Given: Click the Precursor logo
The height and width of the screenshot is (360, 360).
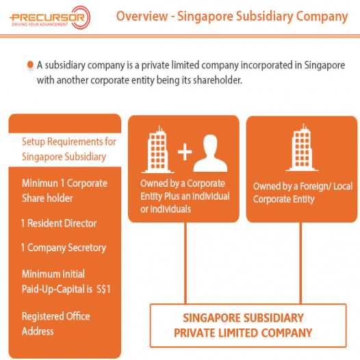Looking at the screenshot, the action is coord(50,18).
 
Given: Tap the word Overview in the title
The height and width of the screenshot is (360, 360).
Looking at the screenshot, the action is coord(142,16).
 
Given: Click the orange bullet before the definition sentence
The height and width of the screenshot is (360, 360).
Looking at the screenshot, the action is coord(30,64).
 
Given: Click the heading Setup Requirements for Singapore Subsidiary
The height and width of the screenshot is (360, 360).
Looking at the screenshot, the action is coord(69,149).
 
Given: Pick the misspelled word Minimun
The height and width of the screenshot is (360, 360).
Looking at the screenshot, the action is coord(40,183).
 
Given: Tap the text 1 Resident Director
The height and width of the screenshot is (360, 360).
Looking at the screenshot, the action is coord(59,223).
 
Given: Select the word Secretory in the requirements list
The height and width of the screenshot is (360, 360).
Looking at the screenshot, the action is coord(87,248).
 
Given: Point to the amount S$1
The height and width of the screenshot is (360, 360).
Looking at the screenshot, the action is coord(103,289).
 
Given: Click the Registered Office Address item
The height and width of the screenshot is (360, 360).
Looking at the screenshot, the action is coord(56,324).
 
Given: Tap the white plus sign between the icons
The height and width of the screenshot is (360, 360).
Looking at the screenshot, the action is coord(185,152).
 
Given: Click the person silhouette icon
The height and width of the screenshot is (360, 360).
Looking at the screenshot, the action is coord(210,153).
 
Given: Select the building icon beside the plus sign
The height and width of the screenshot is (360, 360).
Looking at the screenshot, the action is coord(157,149).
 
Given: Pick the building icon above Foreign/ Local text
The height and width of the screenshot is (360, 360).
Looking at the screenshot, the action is coord(302,147).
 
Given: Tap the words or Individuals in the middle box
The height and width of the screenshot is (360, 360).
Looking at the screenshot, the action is coord(166,209).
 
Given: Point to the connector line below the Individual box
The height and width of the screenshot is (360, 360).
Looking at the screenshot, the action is coord(185,263).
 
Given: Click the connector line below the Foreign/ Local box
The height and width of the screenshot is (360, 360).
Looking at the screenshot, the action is coord(300,263).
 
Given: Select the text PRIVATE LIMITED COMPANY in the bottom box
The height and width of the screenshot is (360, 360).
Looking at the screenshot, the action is coord(243,333).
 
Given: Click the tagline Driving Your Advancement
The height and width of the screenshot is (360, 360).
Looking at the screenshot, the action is coord(40,25).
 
